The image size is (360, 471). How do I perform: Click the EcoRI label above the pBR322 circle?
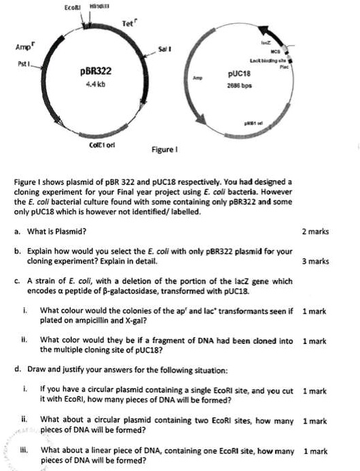(x=73, y=7)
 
